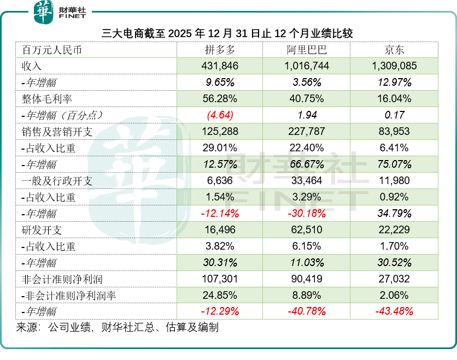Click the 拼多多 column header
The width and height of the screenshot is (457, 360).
click(220, 50)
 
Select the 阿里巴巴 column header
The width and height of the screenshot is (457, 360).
click(307, 50)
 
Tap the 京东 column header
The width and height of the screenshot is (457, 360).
click(394, 50)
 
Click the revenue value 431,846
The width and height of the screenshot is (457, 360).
click(220, 66)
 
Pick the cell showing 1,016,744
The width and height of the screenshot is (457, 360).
click(307, 66)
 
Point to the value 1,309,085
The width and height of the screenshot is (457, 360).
click(394, 66)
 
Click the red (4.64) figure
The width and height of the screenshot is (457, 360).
click(220, 115)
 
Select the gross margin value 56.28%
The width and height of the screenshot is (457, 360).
click(220, 99)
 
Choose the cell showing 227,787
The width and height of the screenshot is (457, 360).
click(307, 132)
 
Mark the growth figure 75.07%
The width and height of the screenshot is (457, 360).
click(394, 164)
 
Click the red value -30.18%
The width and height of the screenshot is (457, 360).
click(307, 214)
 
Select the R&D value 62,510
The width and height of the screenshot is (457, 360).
click(307, 230)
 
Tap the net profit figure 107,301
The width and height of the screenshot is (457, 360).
click(220, 279)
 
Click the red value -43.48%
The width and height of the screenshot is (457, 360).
click(394, 311)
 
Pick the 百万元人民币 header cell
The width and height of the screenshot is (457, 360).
click(52, 50)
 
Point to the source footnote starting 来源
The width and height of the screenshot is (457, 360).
click(117, 328)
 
